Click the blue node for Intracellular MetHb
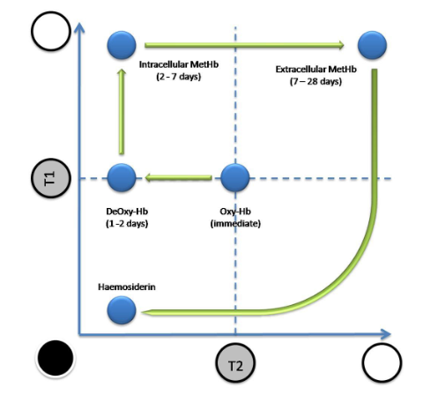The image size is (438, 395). click(x=122, y=45)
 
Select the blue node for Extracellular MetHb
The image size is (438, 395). click(x=372, y=45)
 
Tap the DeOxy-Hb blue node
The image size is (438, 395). click(x=122, y=177)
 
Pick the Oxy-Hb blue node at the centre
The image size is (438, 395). click(x=235, y=177)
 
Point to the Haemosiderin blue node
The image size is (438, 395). click(x=122, y=310)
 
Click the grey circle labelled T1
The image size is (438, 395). click(x=51, y=178)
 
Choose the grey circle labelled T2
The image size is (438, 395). click(x=235, y=363)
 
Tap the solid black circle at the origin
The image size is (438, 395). click(x=56, y=358)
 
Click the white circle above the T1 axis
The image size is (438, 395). click(x=51, y=31)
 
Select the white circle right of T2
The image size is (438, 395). click(x=382, y=363)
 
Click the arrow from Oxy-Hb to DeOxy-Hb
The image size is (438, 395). click(x=178, y=177)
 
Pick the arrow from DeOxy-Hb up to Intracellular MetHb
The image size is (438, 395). click(x=122, y=111)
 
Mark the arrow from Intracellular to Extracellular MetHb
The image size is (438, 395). click(x=244, y=45)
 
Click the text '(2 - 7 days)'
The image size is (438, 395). click(x=179, y=77)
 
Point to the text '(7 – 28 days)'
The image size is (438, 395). click(x=316, y=81)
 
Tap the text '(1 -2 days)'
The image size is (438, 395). click(x=127, y=224)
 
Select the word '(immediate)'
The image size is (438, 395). click(x=235, y=224)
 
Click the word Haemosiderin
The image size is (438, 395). click(x=127, y=287)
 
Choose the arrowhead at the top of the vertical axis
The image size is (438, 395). click(x=78, y=27)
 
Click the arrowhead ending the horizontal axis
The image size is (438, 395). click(x=385, y=334)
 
